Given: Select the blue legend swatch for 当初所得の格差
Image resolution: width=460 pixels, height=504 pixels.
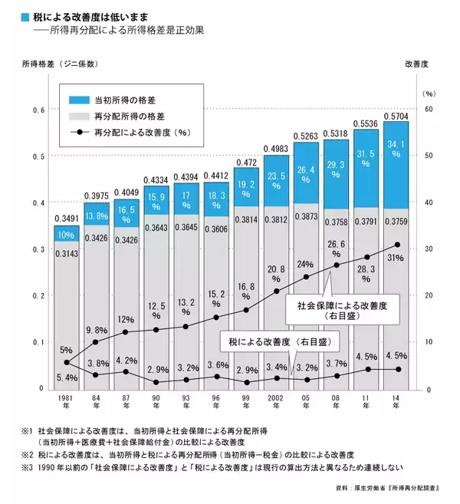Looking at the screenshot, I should point(79,100).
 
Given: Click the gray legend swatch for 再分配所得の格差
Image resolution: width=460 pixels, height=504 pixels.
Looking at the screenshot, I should point(79,116).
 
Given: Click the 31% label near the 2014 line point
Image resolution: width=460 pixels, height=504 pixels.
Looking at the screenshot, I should point(396,259).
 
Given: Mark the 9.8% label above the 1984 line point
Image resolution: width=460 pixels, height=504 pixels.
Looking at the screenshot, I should point(96,331).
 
